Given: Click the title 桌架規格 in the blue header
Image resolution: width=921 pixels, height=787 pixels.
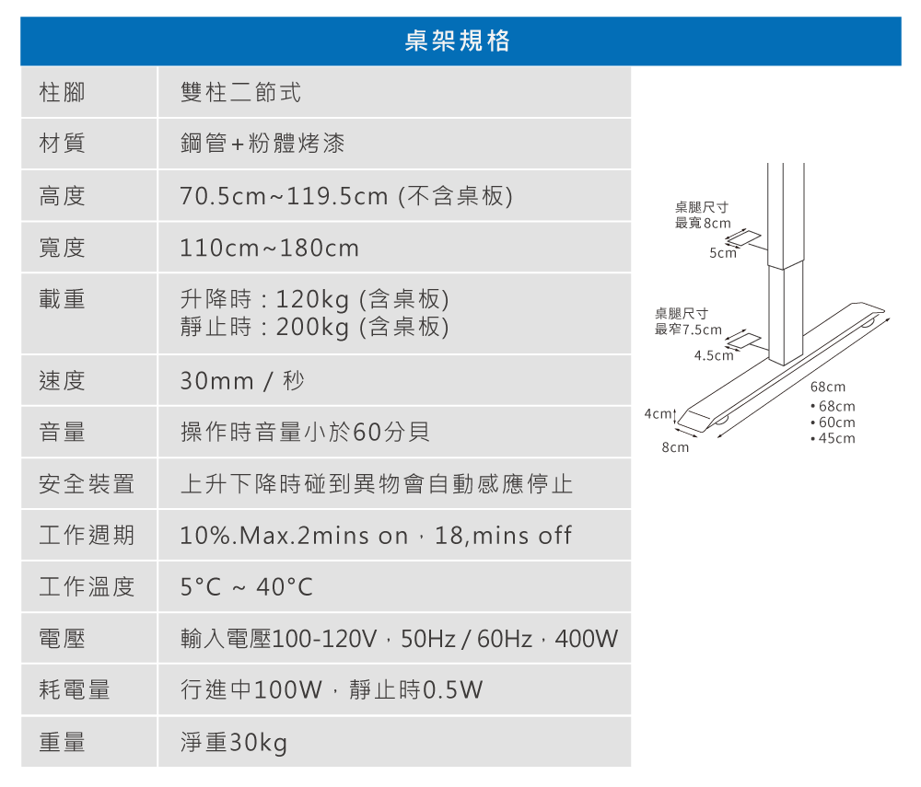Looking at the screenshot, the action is click(x=458, y=41).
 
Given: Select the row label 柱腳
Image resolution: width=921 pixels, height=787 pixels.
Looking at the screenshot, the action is click(x=62, y=92).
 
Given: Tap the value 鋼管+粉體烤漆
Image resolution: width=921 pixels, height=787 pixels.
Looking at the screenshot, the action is click(x=263, y=144).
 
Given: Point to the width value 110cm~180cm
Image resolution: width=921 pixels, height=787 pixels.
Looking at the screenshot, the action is click(x=270, y=249).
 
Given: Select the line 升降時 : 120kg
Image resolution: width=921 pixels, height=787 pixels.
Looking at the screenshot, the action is click(x=314, y=299).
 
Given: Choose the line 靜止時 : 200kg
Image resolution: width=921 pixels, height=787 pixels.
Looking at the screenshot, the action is click(x=314, y=327).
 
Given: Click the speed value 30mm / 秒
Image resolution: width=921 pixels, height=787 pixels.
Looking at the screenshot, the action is click(x=242, y=380).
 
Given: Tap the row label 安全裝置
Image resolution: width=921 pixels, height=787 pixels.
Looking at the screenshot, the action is click(x=87, y=483).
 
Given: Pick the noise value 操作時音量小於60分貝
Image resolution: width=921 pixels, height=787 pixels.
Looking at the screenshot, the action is click(x=305, y=432).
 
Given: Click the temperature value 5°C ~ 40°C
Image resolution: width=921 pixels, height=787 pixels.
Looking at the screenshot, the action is click(x=247, y=586).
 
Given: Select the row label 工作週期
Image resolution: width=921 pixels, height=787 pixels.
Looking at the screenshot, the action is click(x=87, y=535).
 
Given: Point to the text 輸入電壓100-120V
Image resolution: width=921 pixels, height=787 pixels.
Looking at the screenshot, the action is click(x=279, y=639).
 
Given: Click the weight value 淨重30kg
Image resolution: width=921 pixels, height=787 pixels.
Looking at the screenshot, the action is click(x=234, y=742).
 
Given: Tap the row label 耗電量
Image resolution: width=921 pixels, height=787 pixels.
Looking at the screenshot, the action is click(x=75, y=689).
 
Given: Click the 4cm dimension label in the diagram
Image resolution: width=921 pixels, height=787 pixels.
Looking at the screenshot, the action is click(x=658, y=413).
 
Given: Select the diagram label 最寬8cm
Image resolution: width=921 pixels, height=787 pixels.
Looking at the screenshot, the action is click(x=703, y=223).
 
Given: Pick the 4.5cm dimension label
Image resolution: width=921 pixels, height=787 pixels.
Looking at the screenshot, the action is click(x=713, y=355).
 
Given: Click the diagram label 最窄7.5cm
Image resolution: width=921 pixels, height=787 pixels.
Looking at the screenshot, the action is click(x=688, y=330).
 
